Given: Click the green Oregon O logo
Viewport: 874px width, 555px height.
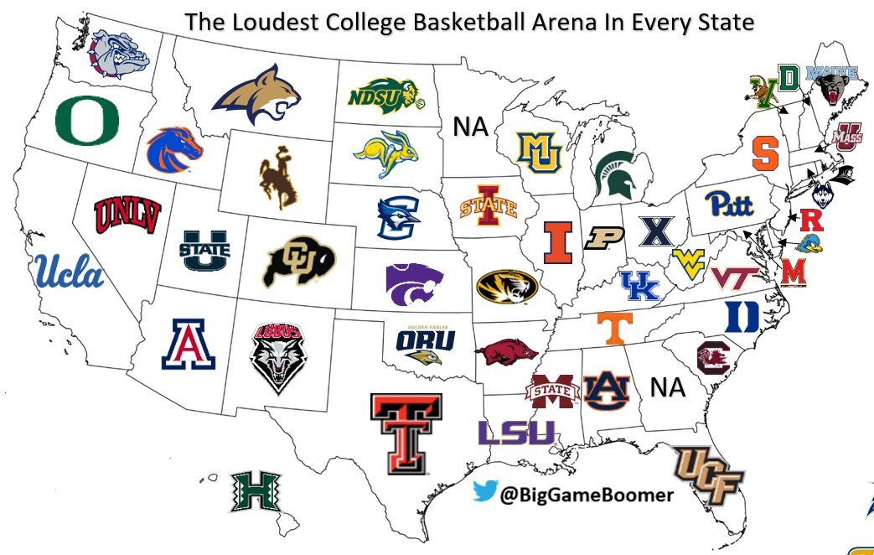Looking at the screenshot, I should click(x=87, y=121).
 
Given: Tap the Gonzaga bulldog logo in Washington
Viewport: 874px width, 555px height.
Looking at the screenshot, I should click(x=120, y=53).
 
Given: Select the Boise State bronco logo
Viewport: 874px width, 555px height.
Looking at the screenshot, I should click(x=174, y=149).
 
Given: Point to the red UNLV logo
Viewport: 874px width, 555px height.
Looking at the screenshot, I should click(x=127, y=215).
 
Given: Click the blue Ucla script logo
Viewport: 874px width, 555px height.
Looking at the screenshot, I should click(x=70, y=272).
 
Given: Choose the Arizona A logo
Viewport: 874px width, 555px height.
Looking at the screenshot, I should click(x=189, y=345).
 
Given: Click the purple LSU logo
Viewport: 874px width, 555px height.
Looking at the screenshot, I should click(x=516, y=433).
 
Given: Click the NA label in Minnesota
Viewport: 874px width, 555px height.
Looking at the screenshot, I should click(x=471, y=127).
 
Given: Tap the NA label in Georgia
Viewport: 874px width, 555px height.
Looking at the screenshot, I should click(x=668, y=388).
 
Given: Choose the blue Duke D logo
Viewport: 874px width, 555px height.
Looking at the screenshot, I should click(x=742, y=316).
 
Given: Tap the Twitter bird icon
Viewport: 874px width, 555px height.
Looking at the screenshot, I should click(x=485, y=494).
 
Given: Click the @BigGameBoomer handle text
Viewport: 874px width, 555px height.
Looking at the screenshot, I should click(x=587, y=495).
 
